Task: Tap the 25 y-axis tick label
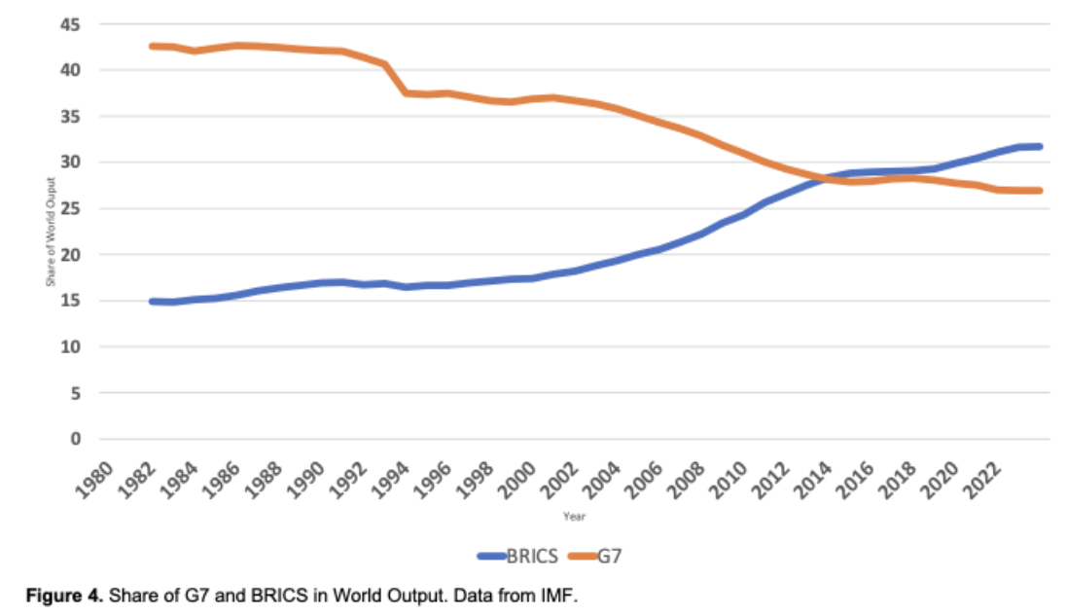(x=73, y=208)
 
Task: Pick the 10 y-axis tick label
(x=73, y=346)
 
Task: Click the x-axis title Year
(x=574, y=517)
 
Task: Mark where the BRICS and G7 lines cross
(x=823, y=178)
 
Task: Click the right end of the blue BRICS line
(x=1039, y=147)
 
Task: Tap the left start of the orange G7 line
(x=152, y=46)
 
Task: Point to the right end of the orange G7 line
(x=1039, y=191)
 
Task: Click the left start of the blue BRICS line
(x=152, y=302)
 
